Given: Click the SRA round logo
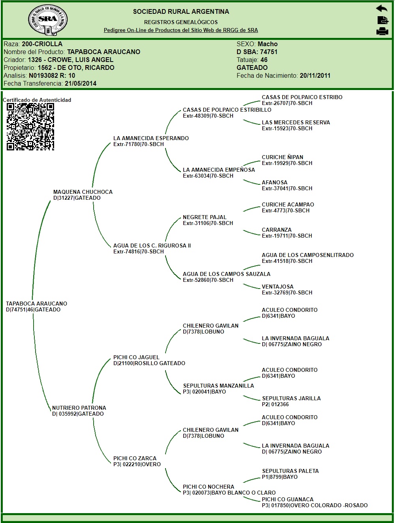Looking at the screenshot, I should (x=48, y=19).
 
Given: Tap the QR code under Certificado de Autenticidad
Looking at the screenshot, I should (x=30, y=126).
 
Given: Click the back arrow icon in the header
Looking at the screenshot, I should (x=382, y=9).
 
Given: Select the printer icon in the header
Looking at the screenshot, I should (x=382, y=32).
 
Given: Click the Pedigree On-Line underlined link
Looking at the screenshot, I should (x=181, y=30).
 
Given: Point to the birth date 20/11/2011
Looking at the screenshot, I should (x=315, y=75).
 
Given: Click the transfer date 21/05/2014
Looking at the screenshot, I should (x=81, y=83).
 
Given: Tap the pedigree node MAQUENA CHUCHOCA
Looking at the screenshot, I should (x=83, y=192).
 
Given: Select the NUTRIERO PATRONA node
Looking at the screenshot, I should (x=79, y=408).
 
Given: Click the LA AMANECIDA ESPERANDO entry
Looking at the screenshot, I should (x=151, y=138).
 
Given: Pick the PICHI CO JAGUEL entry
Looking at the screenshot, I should (x=136, y=357).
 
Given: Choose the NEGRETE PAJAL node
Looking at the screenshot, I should (x=205, y=217).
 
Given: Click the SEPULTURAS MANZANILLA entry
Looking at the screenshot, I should (x=218, y=386).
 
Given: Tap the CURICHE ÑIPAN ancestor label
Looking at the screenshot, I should (x=282, y=157).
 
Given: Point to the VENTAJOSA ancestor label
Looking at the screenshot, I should (x=278, y=287).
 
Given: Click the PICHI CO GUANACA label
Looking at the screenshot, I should (x=288, y=499).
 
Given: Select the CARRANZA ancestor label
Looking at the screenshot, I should (x=276, y=230).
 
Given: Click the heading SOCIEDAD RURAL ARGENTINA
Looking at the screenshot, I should (x=181, y=11).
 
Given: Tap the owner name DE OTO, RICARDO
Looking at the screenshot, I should (x=76, y=67).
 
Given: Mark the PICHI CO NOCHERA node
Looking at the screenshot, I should (x=209, y=487).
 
